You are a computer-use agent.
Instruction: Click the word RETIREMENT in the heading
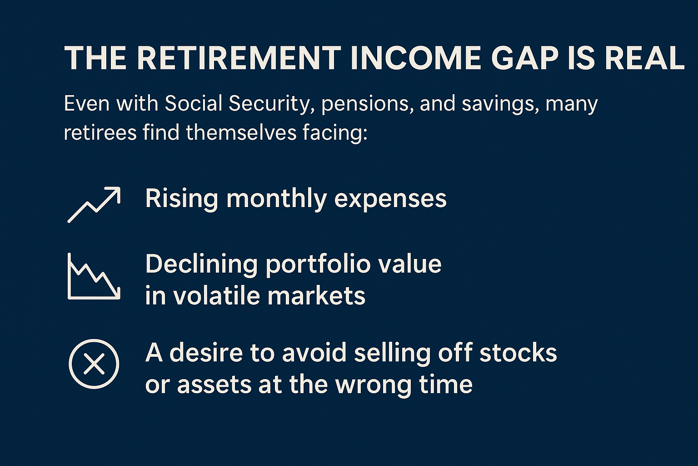[239, 58]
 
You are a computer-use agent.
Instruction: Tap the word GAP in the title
[524, 58]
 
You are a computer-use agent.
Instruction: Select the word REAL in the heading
[644, 58]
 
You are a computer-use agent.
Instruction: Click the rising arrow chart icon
[94, 205]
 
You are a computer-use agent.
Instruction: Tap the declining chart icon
[94, 277]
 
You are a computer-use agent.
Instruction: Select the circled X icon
[94, 364]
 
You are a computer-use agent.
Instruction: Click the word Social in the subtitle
[193, 103]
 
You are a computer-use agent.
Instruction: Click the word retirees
[100, 132]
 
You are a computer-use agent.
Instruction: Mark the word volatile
[217, 295]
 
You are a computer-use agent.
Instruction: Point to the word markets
[316, 295]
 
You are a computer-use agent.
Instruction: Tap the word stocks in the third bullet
[518, 353]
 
